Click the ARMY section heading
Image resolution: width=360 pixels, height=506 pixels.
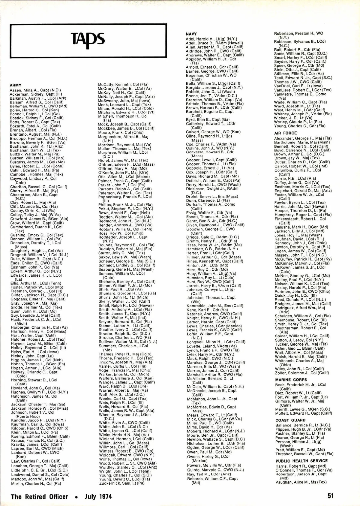tap(16, 86)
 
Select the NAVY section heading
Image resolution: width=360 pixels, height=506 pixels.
tap(191, 34)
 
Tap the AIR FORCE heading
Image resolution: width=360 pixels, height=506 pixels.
tap(285, 133)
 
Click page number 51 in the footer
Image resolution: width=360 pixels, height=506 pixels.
tap(330, 496)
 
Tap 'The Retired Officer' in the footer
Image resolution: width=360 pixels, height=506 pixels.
tap(39, 497)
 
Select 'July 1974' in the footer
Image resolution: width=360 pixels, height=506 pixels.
tap(98, 497)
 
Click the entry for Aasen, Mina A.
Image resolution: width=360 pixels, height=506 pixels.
tap(35, 90)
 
